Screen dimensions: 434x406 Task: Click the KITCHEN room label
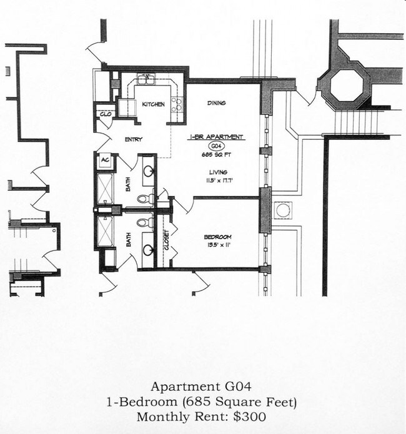(x=153, y=104)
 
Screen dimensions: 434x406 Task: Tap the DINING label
(x=217, y=103)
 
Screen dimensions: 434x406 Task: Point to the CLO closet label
(x=104, y=114)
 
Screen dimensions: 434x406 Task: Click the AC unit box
(x=104, y=160)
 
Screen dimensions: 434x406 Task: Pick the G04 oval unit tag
(x=216, y=145)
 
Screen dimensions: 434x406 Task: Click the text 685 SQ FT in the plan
(x=217, y=154)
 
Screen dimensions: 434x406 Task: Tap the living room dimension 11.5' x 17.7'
(x=217, y=182)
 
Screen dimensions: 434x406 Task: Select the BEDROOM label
(x=218, y=237)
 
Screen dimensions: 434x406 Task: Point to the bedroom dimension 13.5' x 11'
(x=218, y=245)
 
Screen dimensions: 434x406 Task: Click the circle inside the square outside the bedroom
(x=283, y=210)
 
